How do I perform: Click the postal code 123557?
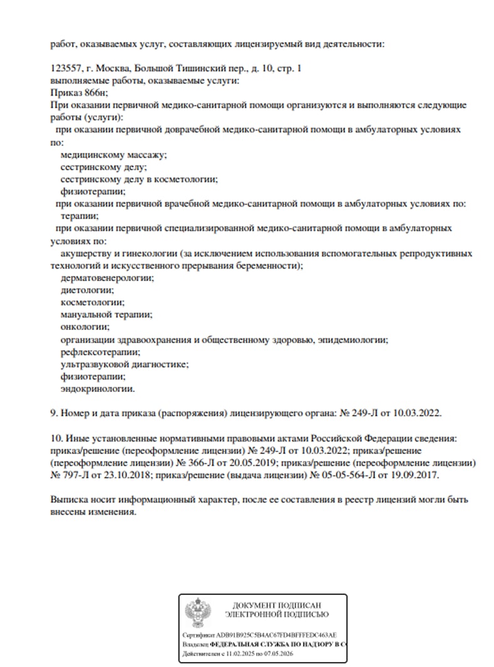click(x=64, y=68)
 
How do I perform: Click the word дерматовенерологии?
click(x=107, y=277)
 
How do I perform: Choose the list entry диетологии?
click(x=87, y=290)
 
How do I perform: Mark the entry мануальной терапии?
click(x=106, y=314)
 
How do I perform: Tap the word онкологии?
click(x=85, y=327)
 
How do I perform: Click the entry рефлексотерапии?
click(x=91, y=352)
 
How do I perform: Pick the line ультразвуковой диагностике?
click(x=125, y=364)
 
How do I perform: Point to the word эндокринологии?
click(x=97, y=389)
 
